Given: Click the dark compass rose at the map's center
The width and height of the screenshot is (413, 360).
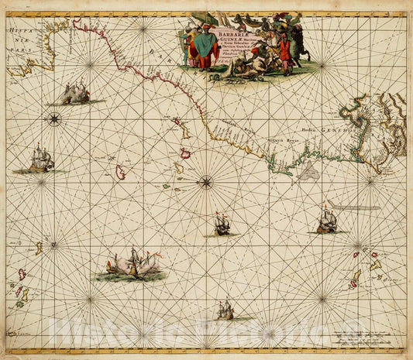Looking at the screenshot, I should [205, 182].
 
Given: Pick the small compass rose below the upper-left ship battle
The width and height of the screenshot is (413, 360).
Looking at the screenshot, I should [54, 118].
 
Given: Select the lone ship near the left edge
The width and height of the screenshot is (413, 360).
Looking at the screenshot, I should [41, 160].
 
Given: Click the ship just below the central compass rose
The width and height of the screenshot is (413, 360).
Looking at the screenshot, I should [222, 225].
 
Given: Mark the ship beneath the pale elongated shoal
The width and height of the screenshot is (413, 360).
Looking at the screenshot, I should [326, 222].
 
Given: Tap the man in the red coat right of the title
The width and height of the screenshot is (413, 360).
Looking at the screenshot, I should [284, 53].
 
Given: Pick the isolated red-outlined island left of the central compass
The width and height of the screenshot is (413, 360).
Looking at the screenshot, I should [121, 172].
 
